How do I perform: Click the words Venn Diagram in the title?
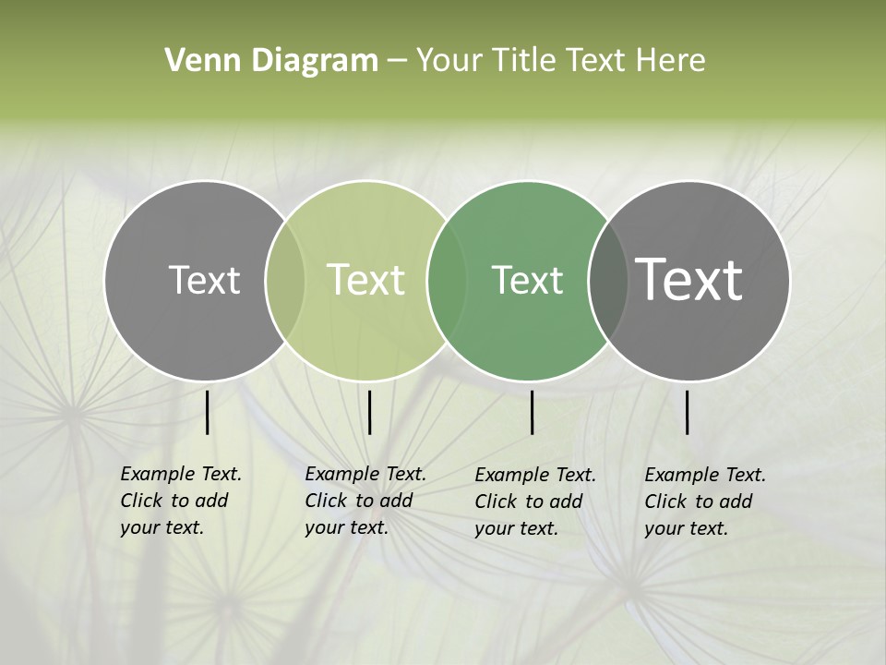coord(271,61)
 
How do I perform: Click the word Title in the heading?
coord(524,61)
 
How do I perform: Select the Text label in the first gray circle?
coord(204,280)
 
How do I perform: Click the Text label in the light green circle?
coord(366,280)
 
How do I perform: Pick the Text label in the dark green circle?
coord(527,280)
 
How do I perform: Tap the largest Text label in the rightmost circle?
coord(689,280)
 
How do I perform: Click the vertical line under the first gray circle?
coord(208,412)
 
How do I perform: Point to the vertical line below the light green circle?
coord(369,412)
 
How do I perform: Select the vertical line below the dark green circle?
coord(533,412)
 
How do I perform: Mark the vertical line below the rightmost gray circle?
coord(688,412)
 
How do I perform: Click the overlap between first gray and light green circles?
coord(285,280)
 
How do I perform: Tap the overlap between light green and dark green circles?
coord(445,280)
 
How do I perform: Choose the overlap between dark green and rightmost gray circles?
coord(607,280)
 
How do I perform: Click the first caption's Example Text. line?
coord(181,474)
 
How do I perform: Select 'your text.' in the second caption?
coord(346,527)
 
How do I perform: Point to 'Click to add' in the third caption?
coord(529,502)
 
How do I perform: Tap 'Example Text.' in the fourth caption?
coord(705,475)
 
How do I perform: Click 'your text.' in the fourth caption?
coord(686,528)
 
